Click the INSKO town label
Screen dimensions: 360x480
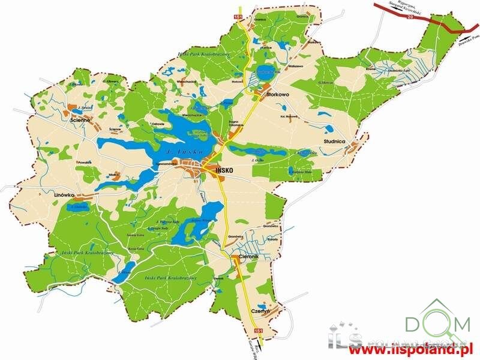tap(221, 170)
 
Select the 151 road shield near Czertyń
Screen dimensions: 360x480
tap(259, 331)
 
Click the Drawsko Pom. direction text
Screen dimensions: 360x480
tap(466, 38)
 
